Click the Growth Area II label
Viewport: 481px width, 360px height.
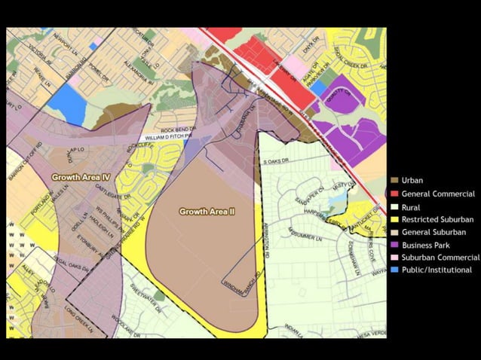(x=207, y=212)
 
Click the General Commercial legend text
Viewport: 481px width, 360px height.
(x=438, y=194)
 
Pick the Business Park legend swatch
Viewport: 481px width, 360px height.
(x=395, y=245)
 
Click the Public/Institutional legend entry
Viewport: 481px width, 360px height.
(x=437, y=270)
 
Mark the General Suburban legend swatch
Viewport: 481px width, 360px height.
(x=395, y=232)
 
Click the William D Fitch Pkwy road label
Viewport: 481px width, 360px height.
(x=173, y=138)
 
